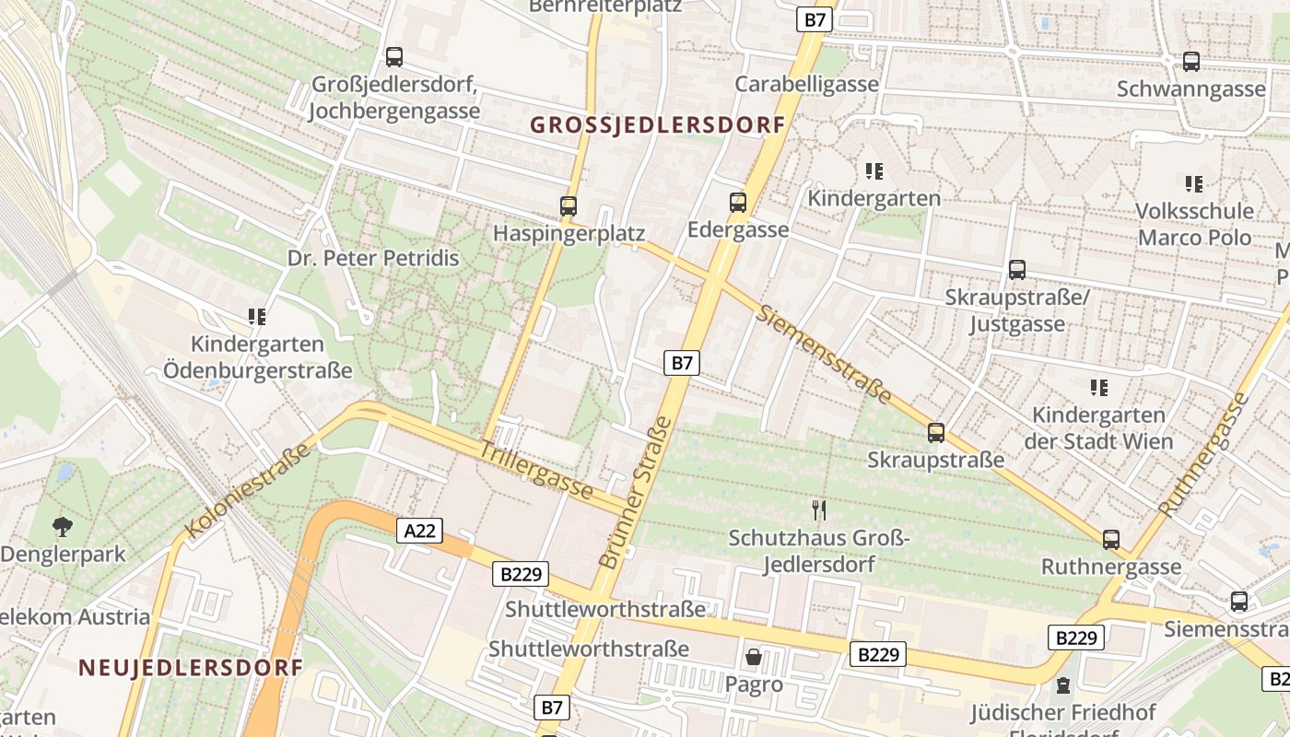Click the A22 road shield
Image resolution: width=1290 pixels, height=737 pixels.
point(420,530)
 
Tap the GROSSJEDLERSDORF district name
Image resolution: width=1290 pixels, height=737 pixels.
point(657,125)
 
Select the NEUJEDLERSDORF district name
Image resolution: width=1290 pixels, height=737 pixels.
point(191,667)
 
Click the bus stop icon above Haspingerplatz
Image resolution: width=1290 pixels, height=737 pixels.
point(569,206)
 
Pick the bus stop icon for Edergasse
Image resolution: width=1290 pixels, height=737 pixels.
point(737,203)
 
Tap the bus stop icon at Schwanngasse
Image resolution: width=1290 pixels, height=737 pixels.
point(1190,62)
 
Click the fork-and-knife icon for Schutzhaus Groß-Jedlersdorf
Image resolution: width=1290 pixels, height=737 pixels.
point(818,509)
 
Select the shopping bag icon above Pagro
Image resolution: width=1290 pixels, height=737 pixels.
point(754,657)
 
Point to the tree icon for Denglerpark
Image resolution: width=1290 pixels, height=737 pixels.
point(62,527)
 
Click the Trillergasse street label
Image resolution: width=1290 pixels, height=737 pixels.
point(536,469)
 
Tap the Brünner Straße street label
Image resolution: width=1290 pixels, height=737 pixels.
point(636,492)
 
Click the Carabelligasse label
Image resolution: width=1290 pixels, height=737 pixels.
point(806,84)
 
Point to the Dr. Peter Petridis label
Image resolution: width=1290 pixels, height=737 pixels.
point(373,258)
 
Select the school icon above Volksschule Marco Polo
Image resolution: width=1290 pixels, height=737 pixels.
point(1194,183)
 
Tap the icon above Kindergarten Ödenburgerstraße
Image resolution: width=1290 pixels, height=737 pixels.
point(257,317)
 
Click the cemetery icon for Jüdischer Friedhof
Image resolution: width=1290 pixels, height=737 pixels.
point(1062,685)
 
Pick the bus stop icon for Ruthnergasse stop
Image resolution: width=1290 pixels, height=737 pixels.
point(1111,540)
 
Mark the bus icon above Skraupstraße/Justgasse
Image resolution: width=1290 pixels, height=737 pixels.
point(1016,270)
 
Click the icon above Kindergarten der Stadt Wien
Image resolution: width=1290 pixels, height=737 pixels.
point(1098,387)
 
